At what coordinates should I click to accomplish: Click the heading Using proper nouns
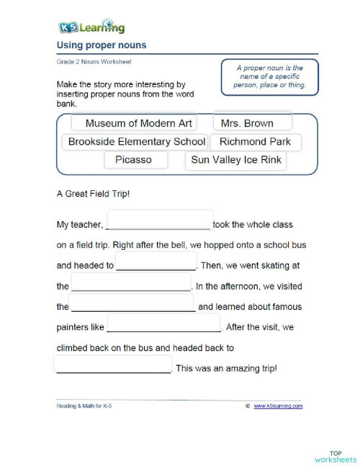[101, 45]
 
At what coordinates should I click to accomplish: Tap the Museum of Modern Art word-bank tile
[139, 123]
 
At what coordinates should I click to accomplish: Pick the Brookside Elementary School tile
[136, 142]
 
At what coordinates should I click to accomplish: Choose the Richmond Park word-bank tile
[255, 142]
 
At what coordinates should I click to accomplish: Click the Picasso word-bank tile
[133, 160]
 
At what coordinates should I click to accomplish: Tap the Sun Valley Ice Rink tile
[235, 160]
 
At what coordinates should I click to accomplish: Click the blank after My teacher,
[159, 220]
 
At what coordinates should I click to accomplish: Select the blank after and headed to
[156, 261]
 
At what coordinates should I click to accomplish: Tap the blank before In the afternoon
[130, 282]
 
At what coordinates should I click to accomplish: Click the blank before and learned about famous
[132, 303]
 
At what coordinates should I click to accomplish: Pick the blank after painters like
[164, 324]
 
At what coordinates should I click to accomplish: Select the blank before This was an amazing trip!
[113, 365]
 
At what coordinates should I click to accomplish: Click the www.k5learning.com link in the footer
[278, 406]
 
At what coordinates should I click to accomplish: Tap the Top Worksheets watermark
[335, 454]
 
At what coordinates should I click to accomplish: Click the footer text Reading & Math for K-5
[84, 406]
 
